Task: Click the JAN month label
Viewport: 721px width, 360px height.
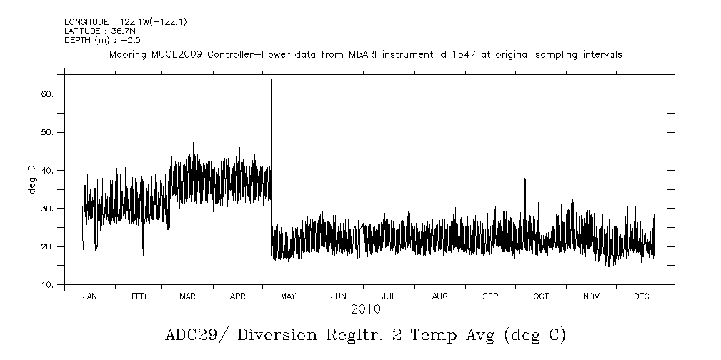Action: tap(89, 296)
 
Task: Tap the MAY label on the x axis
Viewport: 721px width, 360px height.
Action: tap(289, 296)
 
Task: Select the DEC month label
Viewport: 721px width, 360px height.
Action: tap(642, 296)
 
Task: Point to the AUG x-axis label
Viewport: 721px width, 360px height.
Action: tap(440, 296)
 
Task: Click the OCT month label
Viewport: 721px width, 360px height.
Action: tap(541, 296)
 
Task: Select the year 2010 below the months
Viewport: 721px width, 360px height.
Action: tap(365, 309)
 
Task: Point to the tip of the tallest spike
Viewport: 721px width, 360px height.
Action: tap(271, 81)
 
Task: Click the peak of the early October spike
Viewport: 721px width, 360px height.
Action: tap(525, 179)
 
